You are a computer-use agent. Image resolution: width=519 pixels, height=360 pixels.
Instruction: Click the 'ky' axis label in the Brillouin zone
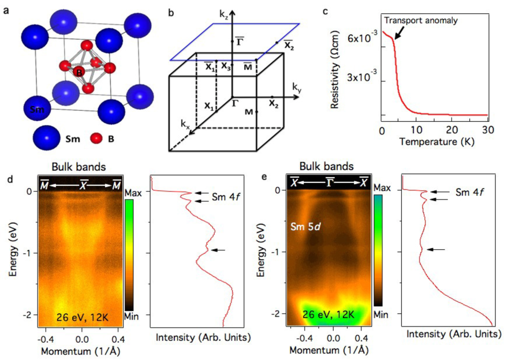297,88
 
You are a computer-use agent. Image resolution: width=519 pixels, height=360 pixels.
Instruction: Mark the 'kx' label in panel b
185,123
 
